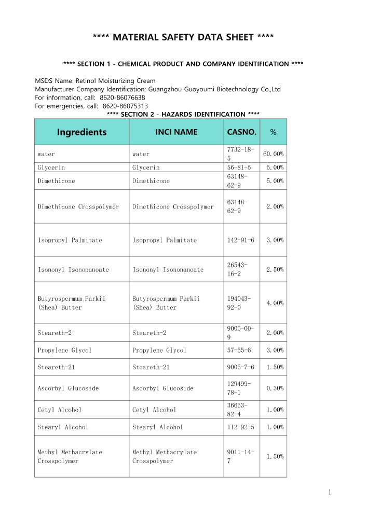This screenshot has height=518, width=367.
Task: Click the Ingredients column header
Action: pos(81,132)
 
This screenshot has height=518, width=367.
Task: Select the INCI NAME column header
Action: pos(176,132)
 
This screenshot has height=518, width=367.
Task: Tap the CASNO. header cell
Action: pos(242,132)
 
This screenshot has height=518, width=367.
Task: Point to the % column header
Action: pos(273,132)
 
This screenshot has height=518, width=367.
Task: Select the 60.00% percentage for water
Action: pos(273,154)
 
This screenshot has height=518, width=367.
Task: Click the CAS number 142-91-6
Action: pos(241,240)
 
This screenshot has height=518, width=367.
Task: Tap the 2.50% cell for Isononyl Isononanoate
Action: pos(275,270)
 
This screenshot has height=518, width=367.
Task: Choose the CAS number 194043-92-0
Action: pos(239,303)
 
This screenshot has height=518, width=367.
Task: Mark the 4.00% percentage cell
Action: pos(275,303)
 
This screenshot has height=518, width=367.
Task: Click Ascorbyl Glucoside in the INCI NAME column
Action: pos(162,388)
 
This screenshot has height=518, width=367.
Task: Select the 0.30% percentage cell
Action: pos(275,388)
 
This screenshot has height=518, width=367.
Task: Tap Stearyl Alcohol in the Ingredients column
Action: pos(63,427)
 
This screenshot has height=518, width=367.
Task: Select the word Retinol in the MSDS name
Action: pos(86,81)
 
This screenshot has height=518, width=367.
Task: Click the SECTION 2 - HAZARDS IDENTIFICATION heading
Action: pos(183,114)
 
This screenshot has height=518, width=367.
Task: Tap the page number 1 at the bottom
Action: pos(329,493)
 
